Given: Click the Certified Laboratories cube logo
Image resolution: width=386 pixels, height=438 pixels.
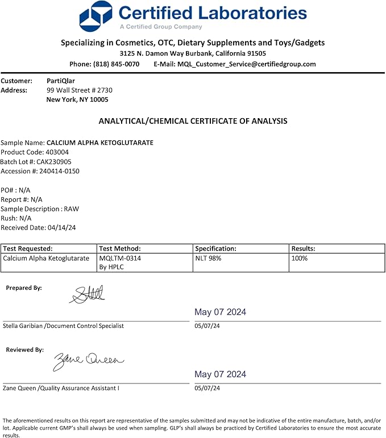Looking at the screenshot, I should tap(96, 16).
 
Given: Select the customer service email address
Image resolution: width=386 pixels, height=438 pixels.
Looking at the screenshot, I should tap(246, 64).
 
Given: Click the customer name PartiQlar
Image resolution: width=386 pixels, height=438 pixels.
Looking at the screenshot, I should tap(61, 81).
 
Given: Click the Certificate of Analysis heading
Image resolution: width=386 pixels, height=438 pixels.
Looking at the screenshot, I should tap(193, 121).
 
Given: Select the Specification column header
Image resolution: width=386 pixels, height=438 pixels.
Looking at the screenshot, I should tap(215, 248).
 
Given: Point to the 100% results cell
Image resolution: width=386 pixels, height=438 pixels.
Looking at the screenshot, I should tap(300, 258).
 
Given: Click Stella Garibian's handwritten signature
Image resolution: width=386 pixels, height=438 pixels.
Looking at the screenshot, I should tap(87, 294).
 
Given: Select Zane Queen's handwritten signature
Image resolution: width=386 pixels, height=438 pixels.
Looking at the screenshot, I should tap(88, 360).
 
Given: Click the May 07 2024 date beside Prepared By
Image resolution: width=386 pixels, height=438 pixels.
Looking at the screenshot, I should tap(220, 312).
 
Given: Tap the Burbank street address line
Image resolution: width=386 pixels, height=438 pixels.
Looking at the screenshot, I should tap(193, 53).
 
